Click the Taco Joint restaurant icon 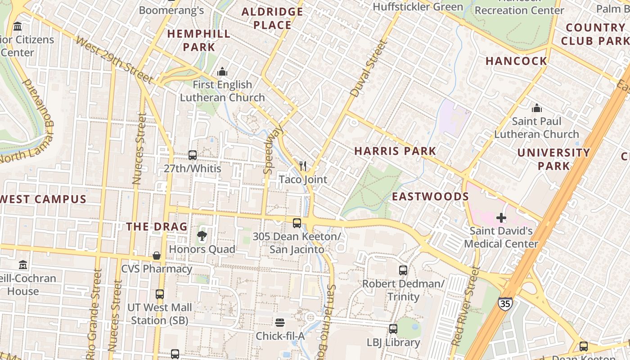tap(303, 166)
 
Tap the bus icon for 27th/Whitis tap(193, 155)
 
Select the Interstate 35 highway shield tap(505, 304)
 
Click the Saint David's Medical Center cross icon tap(501, 218)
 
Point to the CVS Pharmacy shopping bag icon tap(157, 256)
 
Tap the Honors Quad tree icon tap(202, 235)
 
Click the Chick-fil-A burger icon tap(280, 322)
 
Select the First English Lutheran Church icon tap(222, 72)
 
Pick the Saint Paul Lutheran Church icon tap(536, 108)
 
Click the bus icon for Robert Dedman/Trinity tap(403, 270)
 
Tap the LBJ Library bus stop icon tap(393, 329)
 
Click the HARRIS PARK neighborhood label tap(395, 151)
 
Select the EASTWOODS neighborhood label tap(430, 197)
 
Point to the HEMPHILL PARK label tap(199, 40)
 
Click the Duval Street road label tap(369, 68)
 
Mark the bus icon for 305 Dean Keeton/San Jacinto tap(297, 223)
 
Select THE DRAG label tap(157, 226)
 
